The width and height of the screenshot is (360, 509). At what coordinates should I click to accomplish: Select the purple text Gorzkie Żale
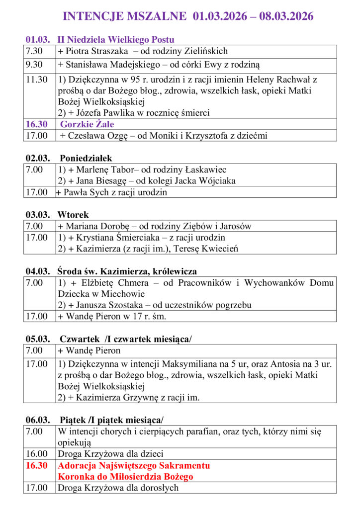[x=84, y=124]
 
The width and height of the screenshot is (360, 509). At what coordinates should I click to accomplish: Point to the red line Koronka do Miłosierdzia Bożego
[x=125, y=477]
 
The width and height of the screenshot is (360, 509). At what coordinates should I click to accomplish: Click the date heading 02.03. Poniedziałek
[x=69, y=158]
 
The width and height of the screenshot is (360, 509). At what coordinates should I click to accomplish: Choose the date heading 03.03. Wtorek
[x=57, y=215]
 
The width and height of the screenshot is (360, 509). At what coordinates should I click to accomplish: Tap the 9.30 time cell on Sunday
[x=34, y=65]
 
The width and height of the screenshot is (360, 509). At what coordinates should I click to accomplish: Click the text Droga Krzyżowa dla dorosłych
[x=118, y=488]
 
